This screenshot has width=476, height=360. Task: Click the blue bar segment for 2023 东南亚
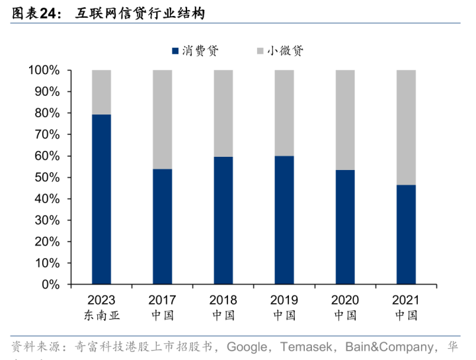[101, 199]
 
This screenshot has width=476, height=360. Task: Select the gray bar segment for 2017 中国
[162, 119]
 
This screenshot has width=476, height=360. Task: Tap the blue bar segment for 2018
[223, 220]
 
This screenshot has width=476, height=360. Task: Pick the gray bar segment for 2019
[284, 112]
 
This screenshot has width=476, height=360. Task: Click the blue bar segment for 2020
[345, 227]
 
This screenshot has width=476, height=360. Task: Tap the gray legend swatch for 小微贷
[260, 51]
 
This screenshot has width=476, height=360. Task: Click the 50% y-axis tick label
[47, 177]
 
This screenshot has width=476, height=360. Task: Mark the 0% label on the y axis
[50, 285]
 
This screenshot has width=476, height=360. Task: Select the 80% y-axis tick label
[47, 113]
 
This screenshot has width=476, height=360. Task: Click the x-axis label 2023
[101, 300]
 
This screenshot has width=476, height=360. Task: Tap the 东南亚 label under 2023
[101, 315]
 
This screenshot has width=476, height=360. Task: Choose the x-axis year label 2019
[284, 300]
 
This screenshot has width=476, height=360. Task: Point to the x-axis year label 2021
[406, 300]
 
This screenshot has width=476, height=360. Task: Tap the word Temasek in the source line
[307, 346]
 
